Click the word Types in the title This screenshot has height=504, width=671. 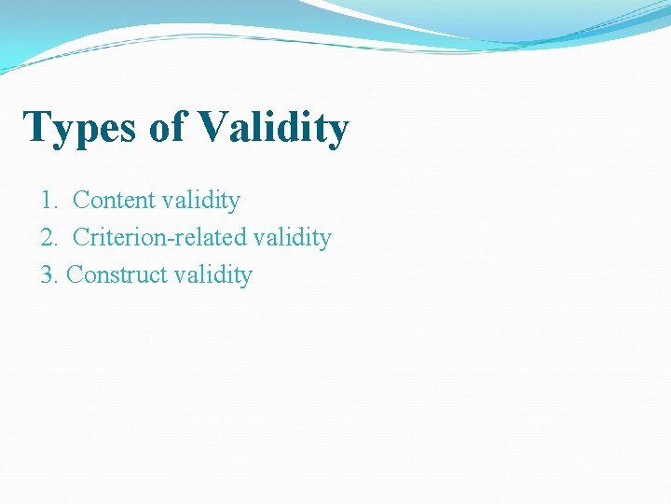click(x=81, y=128)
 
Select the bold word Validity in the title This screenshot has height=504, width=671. click(x=273, y=128)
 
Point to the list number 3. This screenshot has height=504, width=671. click(x=48, y=275)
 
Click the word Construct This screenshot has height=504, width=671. click(x=112, y=275)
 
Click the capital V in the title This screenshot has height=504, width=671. click(x=213, y=127)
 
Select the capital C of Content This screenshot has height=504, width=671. click(x=80, y=201)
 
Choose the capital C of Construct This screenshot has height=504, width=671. click(x=75, y=275)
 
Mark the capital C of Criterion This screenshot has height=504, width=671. click(x=80, y=238)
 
